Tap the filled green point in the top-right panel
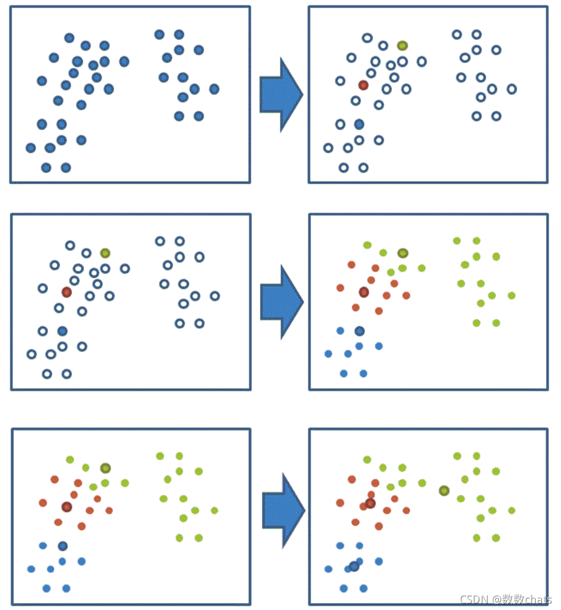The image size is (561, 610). pyautogui.click(x=402, y=46)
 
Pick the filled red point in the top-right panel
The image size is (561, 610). pyautogui.click(x=363, y=85)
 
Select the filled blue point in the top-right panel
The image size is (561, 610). pyautogui.click(x=359, y=124)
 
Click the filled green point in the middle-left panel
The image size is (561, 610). pyautogui.click(x=105, y=253)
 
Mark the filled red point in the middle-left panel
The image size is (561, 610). pyautogui.click(x=67, y=292)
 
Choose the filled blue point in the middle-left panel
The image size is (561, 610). pyautogui.click(x=62, y=331)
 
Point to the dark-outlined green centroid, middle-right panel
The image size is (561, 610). pyautogui.click(x=402, y=253)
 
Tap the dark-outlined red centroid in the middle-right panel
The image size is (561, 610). pyautogui.click(x=364, y=292)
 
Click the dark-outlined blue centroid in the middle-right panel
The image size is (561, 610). pyautogui.click(x=360, y=331)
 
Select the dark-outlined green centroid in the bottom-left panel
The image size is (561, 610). pyautogui.click(x=105, y=468)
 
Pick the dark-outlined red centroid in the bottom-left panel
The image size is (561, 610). pyautogui.click(x=67, y=507)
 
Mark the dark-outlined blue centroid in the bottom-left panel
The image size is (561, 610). pyautogui.click(x=62, y=545)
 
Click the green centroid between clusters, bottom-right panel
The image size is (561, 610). pyautogui.click(x=444, y=491)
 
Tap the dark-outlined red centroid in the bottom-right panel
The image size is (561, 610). pyautogui.click(x=370, y=503)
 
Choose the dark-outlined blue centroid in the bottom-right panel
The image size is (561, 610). pyautogui.click(x=354, y=566)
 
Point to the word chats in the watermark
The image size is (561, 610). pyautogui.click(x=537, y=600)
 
